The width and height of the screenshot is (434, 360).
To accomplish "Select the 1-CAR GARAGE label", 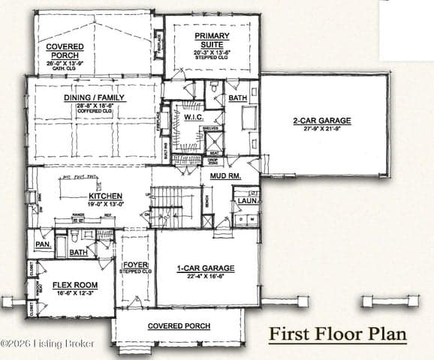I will (206, 268).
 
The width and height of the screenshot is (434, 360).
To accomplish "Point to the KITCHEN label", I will (100, 198).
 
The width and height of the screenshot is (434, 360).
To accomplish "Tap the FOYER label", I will (136, 264).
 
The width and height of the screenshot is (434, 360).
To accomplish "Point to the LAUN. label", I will (248, 201).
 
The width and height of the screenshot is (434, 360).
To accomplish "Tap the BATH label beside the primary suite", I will (237, 98).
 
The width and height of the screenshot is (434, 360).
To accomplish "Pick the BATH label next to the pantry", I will (78, 253).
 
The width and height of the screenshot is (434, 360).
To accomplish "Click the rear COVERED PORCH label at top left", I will (65, 50).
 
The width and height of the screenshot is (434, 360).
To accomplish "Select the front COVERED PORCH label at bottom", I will (179, 326).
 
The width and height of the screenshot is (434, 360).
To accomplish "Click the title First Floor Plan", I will (338, 333).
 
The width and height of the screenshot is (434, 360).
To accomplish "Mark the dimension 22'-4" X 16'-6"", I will (206, 276).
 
